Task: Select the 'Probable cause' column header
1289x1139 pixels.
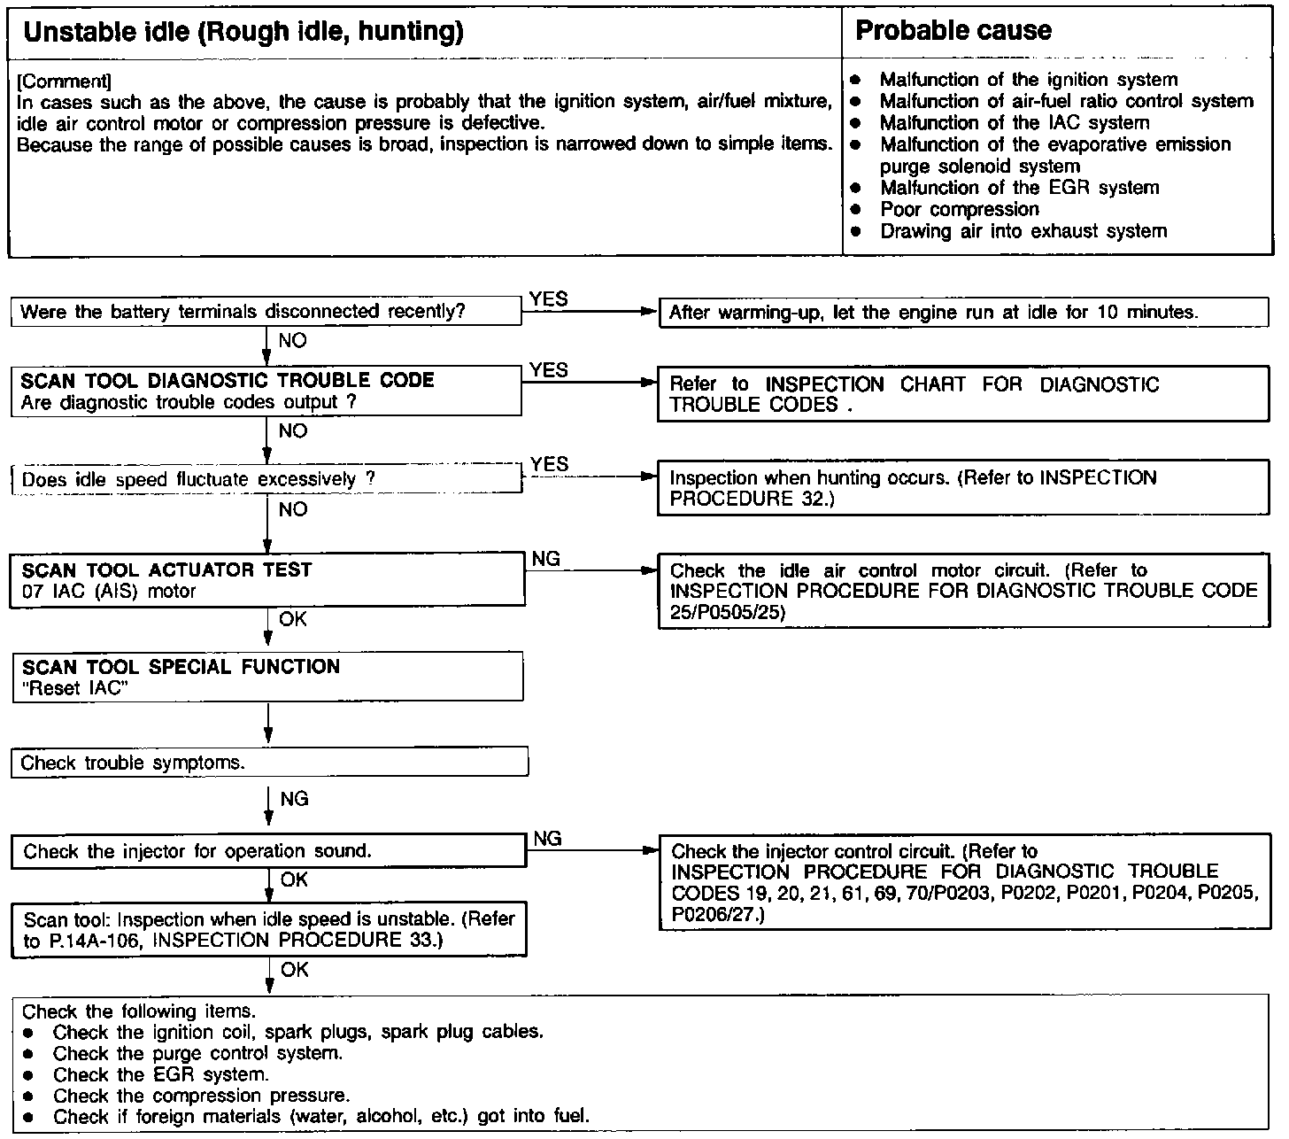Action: [x=953, y=31]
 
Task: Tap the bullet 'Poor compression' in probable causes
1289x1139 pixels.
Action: [x=959, y=210]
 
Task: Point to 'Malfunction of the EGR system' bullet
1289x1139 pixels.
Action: [x=1019, y=188]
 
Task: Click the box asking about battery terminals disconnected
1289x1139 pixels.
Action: [x=266, y=312]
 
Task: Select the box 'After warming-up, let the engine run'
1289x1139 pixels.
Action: [x=963, y=313]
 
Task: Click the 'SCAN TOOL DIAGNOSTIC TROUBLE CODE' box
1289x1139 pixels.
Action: [x=266, y=391]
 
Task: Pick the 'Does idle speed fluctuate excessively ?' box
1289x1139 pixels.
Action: [x=266, y=479]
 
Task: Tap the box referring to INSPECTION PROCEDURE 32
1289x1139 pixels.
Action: [x=963, y=488]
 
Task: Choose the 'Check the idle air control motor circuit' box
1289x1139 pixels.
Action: [x=963, y=591]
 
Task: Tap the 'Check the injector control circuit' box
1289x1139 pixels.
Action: [x=963, y=882]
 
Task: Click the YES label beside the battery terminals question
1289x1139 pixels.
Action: [x=548, y=299]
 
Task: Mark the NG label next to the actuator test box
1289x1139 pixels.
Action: [x=546, y=559]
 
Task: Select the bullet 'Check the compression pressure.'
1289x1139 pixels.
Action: [x=201, y=1096]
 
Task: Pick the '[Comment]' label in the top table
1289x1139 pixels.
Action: [x=64, y=81]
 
